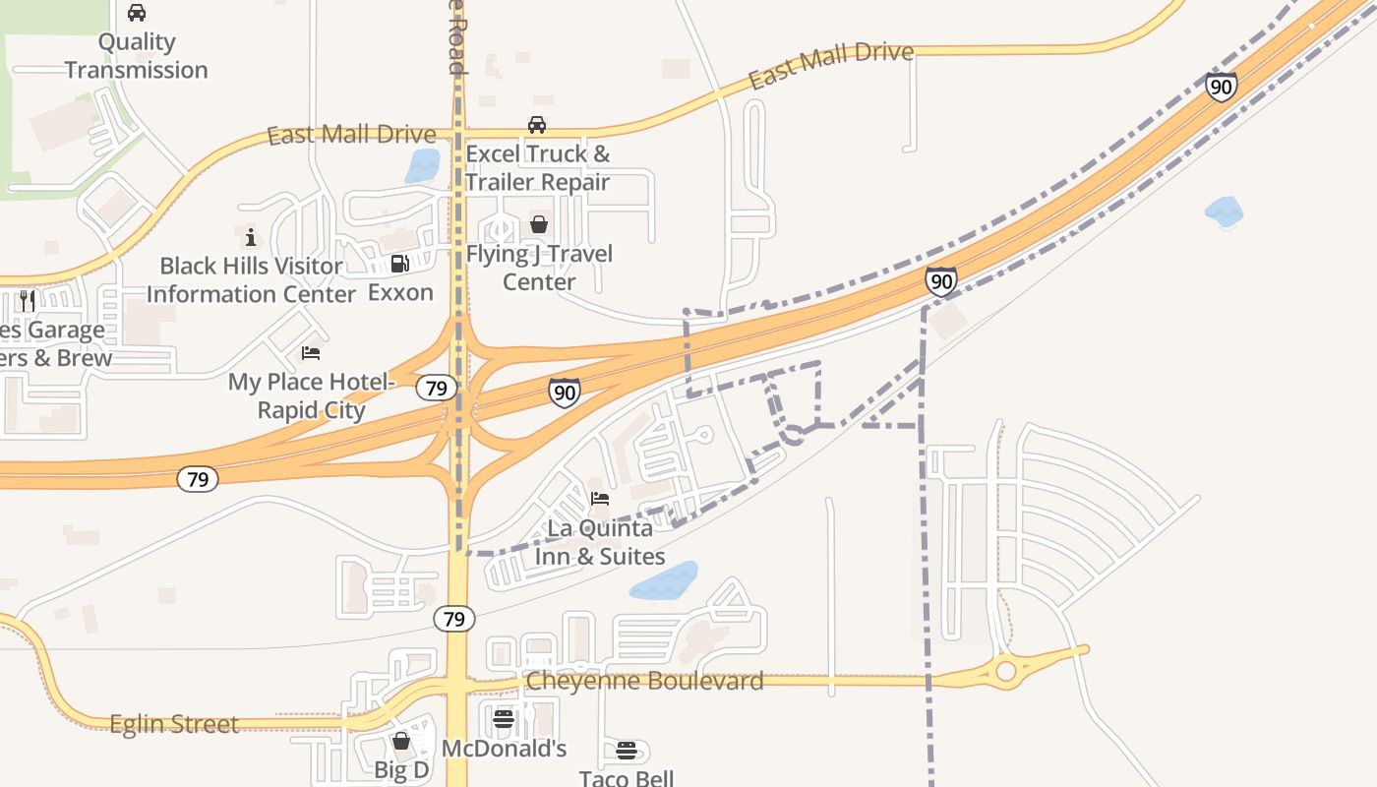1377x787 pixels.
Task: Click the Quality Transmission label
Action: point(137,56)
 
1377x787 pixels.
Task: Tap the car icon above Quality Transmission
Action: point(137,13)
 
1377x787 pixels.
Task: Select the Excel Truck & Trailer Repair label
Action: point(537,168)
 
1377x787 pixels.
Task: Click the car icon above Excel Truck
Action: point(536,125)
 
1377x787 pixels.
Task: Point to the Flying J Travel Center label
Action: point(539,268)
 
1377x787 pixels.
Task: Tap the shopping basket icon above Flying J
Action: point(538,224)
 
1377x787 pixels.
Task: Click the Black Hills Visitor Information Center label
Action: point(251,279)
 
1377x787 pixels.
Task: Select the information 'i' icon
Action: point(251,237)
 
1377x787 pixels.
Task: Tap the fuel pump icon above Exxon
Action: point(399,264)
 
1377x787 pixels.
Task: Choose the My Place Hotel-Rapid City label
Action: point(311,395)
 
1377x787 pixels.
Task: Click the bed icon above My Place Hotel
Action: point(311,352)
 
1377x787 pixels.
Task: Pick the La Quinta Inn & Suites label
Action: point(599,542)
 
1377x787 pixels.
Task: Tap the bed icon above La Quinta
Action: point(599,499)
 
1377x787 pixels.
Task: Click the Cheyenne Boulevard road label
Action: point(644,681)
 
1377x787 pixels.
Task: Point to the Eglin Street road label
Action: point(174,725)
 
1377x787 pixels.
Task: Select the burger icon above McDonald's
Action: point(504,719)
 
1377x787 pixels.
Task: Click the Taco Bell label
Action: point(627,778)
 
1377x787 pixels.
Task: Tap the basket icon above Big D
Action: point(401,741)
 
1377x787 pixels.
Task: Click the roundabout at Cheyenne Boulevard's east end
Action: point(1005,671)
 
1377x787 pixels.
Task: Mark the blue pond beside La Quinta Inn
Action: point(664,581)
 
